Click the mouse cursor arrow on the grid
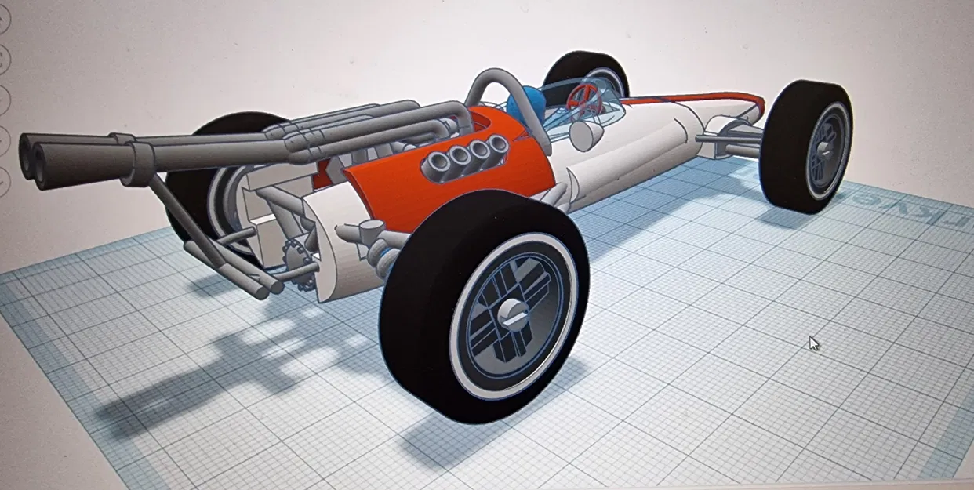click(x=814, y=343)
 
